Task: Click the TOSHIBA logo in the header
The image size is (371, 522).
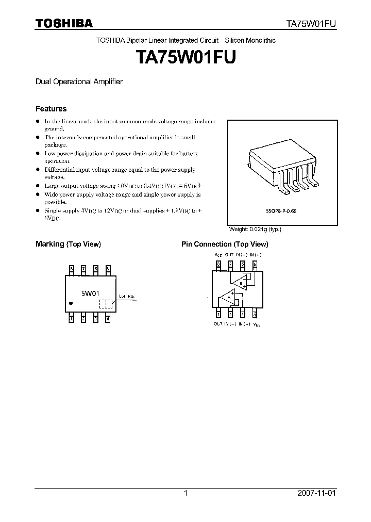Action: click(x=64, y=24)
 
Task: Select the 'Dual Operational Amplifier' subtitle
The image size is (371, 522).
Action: click(x=78, y=81)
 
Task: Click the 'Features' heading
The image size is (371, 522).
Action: click(x=50, y=109)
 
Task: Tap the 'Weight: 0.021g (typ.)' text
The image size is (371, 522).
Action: click(x=255, y=229)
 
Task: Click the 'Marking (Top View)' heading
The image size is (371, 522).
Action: click(x=68, y=244)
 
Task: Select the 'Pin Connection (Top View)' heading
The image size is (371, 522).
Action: click(x=225, y=244)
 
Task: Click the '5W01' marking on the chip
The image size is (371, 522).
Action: click(x=89, y=293)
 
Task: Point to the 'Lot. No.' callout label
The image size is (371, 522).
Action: click(x=127, y=296)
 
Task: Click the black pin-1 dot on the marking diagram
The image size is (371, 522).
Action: click(x=71, y=304)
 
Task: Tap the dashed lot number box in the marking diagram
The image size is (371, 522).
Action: click(x=105, y=304)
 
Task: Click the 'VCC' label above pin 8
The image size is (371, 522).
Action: click(x=218, y=255)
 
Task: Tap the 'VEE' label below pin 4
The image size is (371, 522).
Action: click(x=257, y=324)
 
